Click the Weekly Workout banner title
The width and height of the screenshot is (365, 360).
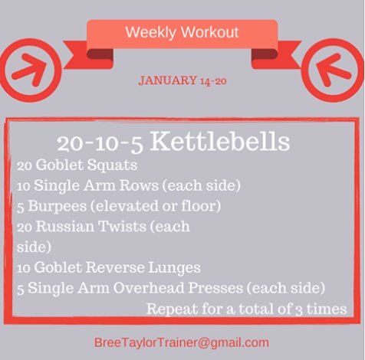click(x=182, y=33)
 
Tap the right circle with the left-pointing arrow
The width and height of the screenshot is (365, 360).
click(x=333, y=70)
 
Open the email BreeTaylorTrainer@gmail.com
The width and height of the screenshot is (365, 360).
click(x=182, y=342)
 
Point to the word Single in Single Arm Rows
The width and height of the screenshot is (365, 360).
click(x=58, y=186)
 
